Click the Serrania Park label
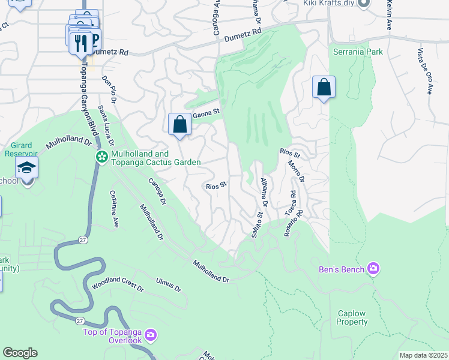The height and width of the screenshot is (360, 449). click(358, 52)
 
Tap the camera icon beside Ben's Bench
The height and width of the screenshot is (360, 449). click(373, 268)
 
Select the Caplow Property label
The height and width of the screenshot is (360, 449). click(352, 318)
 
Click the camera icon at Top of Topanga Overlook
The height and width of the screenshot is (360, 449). click(150, 334)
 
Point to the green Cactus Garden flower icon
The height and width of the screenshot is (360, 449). click(101, 157)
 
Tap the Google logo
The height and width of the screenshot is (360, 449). click(20, 353)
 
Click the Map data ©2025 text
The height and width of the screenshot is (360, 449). click(423, 355)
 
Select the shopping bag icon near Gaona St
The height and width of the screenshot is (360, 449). click(179, 125)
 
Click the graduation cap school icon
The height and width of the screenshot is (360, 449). click(27, 167)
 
